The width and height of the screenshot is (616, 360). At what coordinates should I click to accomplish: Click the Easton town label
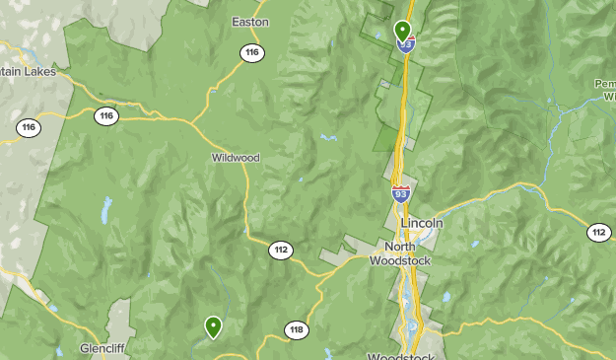(x=249, y=21)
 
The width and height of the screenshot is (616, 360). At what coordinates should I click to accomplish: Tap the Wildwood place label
(x=235, y=157)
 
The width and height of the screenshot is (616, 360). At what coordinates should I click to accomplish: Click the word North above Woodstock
(x=400, y=247)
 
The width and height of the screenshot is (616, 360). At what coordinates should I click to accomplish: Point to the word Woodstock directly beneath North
(x=400, y=261)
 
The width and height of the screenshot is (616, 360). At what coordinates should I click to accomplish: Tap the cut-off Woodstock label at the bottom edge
(x=399, y=355)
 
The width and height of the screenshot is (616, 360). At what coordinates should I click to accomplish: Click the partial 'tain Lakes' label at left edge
(x=29, y=72)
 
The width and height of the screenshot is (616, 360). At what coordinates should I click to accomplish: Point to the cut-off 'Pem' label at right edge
(x=605, y=84)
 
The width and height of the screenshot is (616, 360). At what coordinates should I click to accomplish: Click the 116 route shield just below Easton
(x=252, y=53)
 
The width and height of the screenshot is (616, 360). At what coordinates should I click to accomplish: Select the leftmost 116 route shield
(x=28, y=127)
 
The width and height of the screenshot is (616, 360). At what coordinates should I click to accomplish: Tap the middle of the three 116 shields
(x=106, y=116)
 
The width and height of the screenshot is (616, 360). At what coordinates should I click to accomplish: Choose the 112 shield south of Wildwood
(x=281, y=250)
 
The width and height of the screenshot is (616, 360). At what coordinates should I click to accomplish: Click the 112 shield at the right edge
(x=599, y=233)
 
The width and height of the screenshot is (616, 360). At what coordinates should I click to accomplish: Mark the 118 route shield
(x=296, y=330)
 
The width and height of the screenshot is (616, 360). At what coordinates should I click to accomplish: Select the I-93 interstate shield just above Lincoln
(x=401, y=193)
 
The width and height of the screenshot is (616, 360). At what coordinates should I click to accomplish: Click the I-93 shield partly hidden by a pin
(x=403, y=45)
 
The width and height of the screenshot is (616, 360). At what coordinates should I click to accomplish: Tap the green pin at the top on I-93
(x=402, y=31)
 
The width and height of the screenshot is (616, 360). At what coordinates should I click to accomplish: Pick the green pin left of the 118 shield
(x=213, y=326)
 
